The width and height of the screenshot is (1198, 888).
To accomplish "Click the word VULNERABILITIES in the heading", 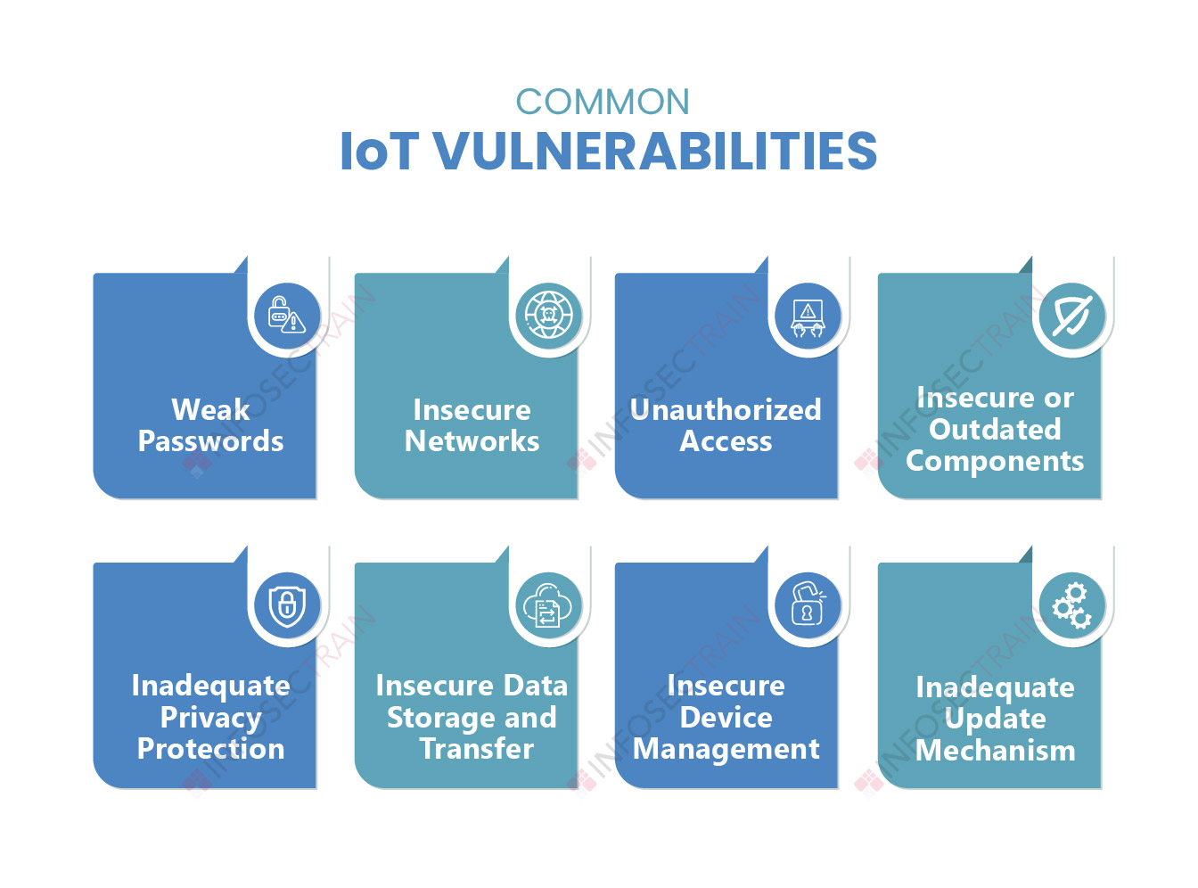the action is pos(656,151).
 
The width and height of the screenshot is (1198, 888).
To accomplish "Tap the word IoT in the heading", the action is pos(380,151).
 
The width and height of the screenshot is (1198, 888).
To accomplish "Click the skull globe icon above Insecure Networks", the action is pos(548,315).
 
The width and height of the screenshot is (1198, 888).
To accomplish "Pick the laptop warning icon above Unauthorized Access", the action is pos(808,317).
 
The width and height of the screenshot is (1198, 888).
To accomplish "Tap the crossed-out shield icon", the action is pos(1071,315).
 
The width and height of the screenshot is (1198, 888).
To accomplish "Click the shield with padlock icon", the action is pos(287,604).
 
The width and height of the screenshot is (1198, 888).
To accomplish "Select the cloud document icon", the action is pos(548,604).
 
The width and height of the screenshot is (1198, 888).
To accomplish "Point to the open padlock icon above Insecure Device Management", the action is pos(808,604).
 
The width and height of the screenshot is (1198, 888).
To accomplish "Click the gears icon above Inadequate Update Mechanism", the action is pos(1071,605).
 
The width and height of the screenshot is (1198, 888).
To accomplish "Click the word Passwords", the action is pos(210,441).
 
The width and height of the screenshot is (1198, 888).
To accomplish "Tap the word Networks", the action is pos(472,441).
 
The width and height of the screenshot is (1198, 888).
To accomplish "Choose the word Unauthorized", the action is pos(726,410).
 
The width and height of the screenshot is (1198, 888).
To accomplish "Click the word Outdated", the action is pos(995,429).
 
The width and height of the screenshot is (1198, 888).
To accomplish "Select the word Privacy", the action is pos(211,719).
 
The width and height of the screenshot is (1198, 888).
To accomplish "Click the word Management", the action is pos(726,750).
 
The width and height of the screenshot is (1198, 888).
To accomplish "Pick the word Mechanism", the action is pos(995,751).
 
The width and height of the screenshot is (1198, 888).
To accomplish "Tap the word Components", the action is pos(995,462).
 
